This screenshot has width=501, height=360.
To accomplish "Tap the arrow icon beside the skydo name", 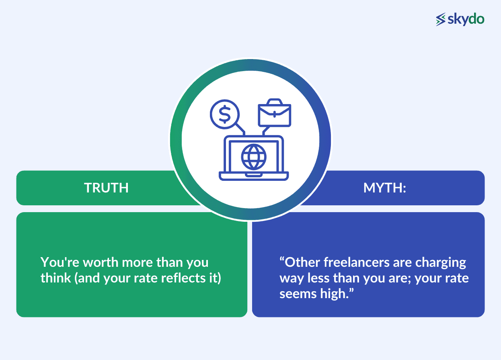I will point(441,19).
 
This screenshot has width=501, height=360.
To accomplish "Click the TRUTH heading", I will point(106,188).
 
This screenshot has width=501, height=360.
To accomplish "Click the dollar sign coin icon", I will point(225,115).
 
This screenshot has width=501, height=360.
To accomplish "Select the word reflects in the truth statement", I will point(183,278).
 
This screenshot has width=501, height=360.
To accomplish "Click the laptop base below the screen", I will point(254,176).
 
